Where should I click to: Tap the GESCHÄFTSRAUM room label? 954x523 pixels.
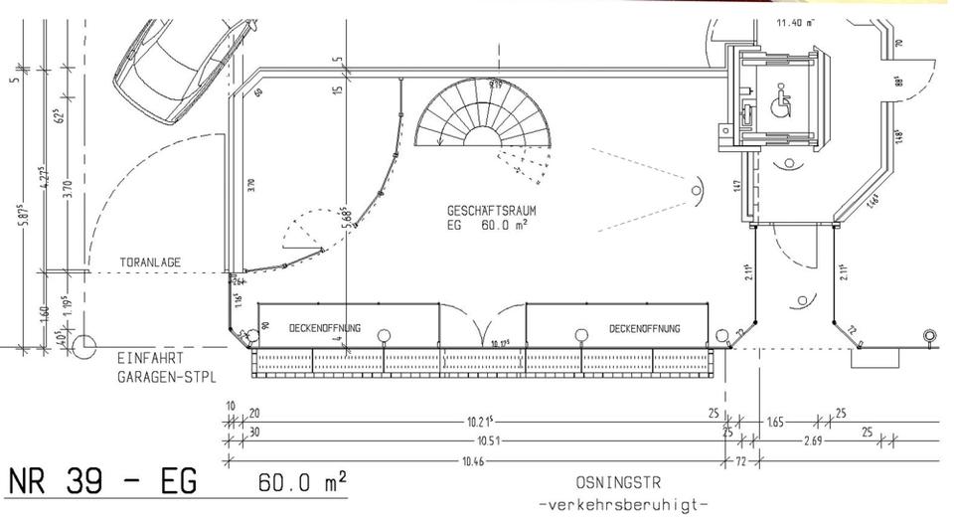click(x=493, y=211)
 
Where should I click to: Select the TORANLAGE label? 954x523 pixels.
click(x=150, y=262)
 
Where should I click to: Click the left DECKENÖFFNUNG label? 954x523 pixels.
click(x=324, y=327)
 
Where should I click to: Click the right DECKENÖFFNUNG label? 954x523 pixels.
click(x=644, y=327)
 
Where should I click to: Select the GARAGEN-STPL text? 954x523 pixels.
click(x=166, y=377)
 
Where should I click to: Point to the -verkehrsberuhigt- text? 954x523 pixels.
click(x=623, y=504)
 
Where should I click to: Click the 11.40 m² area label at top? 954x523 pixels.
click(x=795, y=22)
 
